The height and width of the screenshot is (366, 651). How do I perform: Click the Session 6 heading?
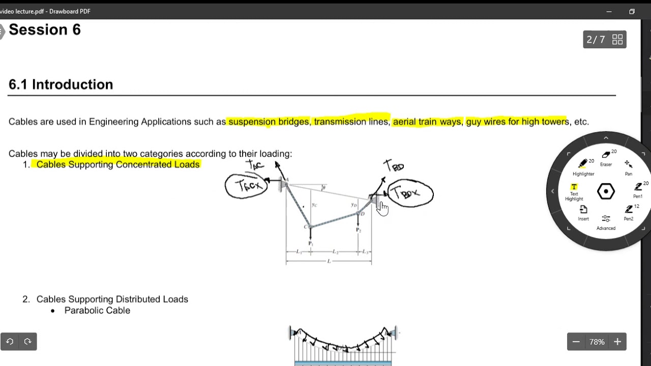click(45, 30)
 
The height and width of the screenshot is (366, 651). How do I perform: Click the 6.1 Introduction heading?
click(61, 84)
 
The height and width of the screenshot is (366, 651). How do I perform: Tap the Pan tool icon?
click(629, 165)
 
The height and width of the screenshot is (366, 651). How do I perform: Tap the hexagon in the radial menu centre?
click(606, 192)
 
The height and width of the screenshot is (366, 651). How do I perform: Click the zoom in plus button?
click(617, 342)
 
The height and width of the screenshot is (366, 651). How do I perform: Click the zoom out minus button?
click(576, 342)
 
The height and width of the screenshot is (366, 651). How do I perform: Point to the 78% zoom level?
click(597, 342)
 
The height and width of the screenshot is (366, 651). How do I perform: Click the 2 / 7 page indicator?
click(596, 40)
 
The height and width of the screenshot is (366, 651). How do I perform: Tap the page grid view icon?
click(617, 40)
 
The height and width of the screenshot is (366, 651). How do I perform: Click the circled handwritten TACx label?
click(246, 186)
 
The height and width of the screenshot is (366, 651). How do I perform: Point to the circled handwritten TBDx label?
click(410, 194)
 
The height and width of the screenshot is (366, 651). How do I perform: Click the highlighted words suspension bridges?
click(269, 122)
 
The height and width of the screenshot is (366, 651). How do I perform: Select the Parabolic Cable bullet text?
click(97, 311)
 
